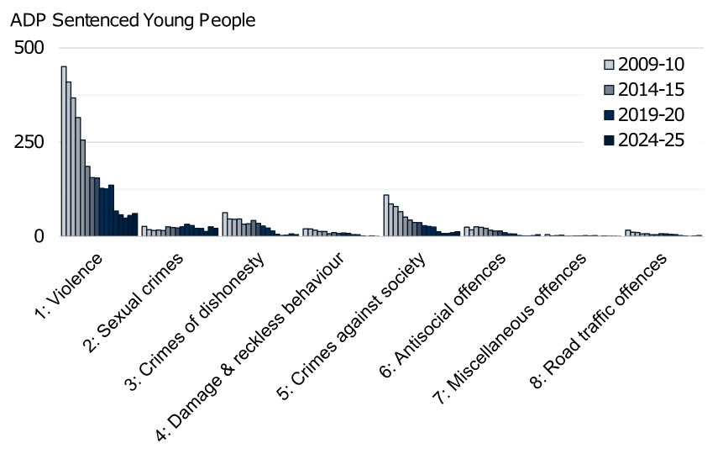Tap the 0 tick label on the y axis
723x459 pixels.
(39, 236)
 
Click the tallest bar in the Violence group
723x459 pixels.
(64, 151)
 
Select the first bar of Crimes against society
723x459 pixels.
(386, 215)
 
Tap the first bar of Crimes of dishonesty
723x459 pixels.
(225, 224)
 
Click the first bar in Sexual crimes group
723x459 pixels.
(144, 231)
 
